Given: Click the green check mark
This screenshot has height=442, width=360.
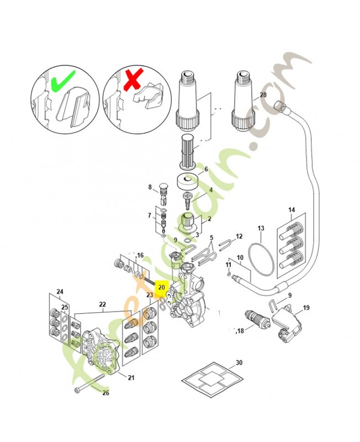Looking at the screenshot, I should click(62, 83).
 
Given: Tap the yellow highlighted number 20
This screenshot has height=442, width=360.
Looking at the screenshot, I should click(161, 288).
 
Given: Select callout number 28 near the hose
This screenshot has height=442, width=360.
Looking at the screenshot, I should click(263, 95).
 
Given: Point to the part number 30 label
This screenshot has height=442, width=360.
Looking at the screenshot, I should click(239, 362).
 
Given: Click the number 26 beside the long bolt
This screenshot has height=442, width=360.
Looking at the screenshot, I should click(106, 393).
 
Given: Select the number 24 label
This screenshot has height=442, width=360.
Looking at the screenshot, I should click(60, 291).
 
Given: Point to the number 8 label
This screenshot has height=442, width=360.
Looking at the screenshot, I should click(149, 187).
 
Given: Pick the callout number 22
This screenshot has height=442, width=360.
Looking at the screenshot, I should click(102, 304).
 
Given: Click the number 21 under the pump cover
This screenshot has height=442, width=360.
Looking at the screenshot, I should click(131, 378).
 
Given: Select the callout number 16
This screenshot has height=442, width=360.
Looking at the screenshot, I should click(141, 255).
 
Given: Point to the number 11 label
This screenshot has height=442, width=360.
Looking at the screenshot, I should click(228, 266).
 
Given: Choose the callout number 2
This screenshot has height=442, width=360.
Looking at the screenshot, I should click(209, 219).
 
